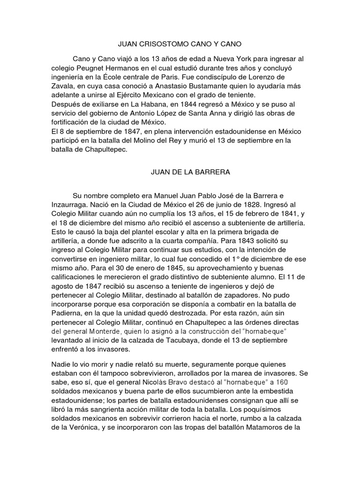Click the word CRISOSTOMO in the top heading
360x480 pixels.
pyautogui.click(x=159, y=45)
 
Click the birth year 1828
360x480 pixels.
pyautogui.click(x=242, y=204)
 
